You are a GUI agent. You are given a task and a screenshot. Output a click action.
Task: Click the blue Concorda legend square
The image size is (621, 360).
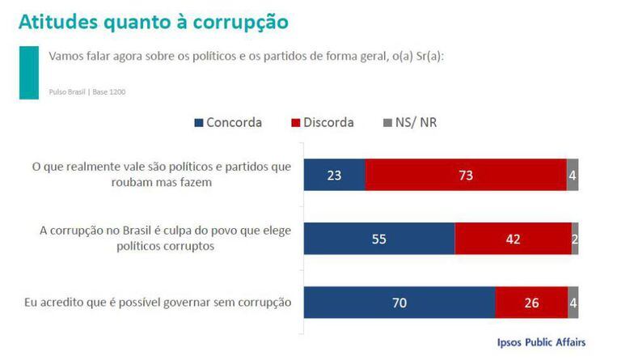coord(199,123)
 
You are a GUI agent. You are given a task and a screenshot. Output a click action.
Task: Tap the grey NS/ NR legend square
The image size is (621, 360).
coord(387,123)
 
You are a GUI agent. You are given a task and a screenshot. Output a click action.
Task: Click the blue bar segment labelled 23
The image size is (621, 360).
coord(334,174)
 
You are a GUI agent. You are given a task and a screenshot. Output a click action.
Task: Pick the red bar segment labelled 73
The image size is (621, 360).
coord(466,174)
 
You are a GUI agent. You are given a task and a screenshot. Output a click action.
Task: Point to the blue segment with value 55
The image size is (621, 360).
coord(379,239)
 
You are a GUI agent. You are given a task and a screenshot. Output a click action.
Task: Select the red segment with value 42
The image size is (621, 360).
coord(513,239)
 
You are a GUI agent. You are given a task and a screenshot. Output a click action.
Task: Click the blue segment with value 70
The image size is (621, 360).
coord(399,303)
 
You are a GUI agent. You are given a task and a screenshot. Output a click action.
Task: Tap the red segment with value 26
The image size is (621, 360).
coord(531,303)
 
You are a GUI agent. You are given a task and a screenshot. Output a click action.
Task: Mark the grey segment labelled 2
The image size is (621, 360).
coord(575,239)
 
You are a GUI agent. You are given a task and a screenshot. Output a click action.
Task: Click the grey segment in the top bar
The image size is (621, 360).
coord(572,174)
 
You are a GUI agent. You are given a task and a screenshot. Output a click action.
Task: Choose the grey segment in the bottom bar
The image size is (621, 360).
coord(572,303)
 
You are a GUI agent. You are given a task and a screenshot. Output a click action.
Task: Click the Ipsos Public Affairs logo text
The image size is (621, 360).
coord(541,341)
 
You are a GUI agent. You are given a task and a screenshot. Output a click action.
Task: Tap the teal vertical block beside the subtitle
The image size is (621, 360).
coord(28,72)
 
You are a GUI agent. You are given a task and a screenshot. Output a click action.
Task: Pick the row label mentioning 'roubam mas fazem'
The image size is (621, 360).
coord(161,175)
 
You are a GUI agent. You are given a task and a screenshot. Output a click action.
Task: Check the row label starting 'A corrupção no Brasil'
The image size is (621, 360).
coord(165,239)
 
